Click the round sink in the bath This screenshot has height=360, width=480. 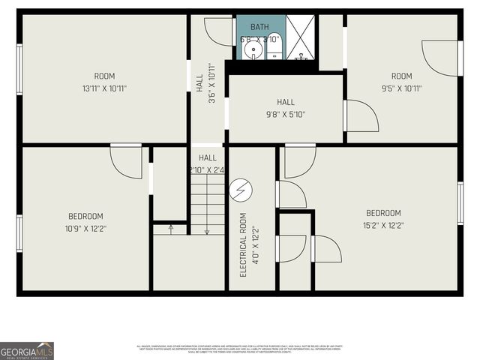(255, 51)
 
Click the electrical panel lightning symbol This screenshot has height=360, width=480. (241, 192)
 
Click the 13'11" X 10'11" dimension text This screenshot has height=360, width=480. (104, 88)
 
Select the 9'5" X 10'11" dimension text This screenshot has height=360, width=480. (401, 88)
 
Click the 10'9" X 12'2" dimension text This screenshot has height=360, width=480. (85, 229)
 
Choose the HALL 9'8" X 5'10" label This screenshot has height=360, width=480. (286, 109)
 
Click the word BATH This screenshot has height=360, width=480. (259, 27)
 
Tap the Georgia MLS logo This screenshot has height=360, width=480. (27, 350)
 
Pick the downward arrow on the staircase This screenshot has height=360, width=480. (207, 231)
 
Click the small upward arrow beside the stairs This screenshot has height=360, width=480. (170, 228)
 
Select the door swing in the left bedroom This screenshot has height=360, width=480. (125, 160)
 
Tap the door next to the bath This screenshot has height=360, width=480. (218, 30)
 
